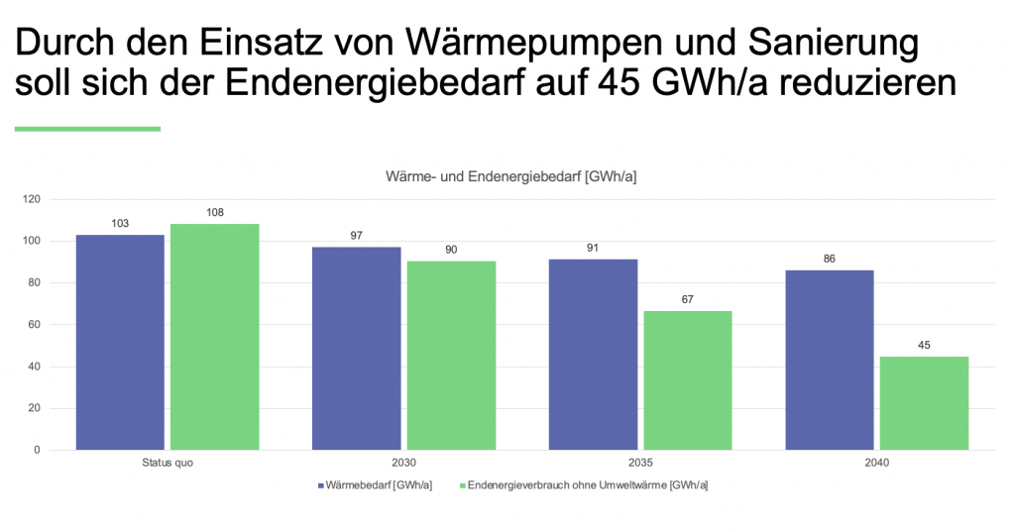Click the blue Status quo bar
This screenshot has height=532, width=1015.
point(120,342)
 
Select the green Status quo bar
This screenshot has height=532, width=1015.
point(214,337)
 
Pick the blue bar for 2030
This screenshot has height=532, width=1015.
point(357,348)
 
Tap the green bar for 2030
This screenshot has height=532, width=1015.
point(451,355)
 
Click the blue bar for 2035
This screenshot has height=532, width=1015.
point(594,354)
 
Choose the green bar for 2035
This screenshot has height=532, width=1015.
point(688,380)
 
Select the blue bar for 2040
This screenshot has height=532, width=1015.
point(830,360)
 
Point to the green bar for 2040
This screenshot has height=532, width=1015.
point(925,403)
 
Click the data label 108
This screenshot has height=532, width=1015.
point(214,212)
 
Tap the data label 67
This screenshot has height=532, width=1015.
point(688,298)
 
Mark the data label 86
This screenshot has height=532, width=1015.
point(830,259)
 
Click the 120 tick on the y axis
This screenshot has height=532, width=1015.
point(32,199)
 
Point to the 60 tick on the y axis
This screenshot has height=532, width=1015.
point(35,325)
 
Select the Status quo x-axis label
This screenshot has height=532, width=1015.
point(167,463)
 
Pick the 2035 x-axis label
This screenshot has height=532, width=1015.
point(640,463)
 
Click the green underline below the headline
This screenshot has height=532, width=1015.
point(87,129)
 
